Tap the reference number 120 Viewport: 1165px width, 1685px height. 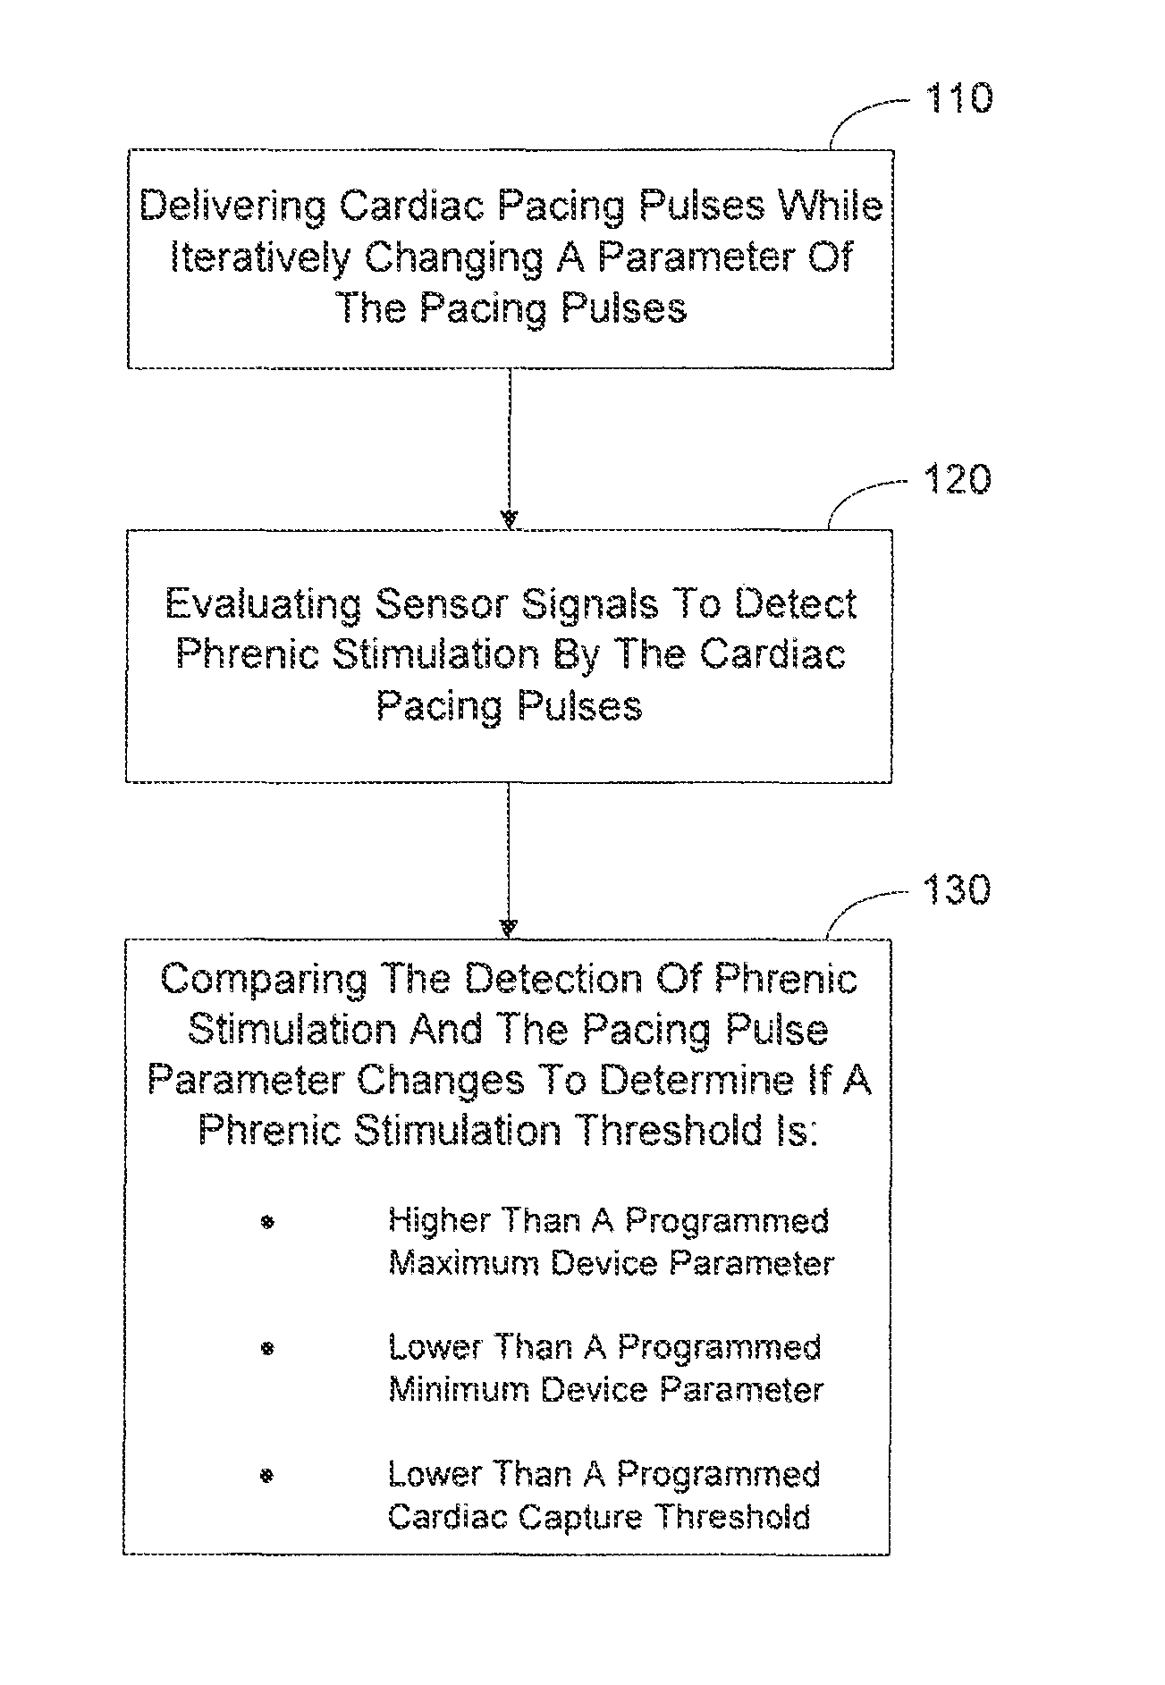[957, 480]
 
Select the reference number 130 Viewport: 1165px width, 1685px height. [956, 889]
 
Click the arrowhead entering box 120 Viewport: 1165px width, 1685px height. [509, 519]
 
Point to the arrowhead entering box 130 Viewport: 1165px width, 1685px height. [508, 928]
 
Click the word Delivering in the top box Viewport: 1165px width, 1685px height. [233, 206]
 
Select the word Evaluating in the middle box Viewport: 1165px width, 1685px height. [263, 605]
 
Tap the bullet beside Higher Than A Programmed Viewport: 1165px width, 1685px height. [266, 1221]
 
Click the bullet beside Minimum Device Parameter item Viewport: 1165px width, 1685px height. [266, 1348]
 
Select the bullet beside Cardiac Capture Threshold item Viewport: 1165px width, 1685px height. [266, 1476]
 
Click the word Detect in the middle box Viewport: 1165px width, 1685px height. [797, 605]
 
